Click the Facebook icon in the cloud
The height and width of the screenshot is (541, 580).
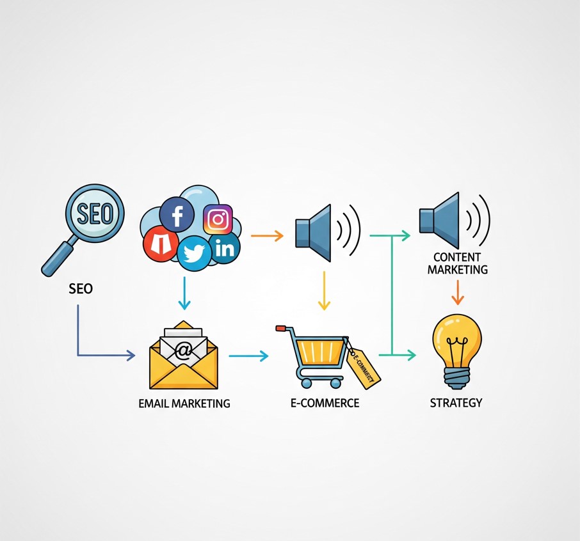177,214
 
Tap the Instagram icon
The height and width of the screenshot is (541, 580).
218,219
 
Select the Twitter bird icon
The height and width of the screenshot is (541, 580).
194,253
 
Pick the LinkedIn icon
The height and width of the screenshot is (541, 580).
225,248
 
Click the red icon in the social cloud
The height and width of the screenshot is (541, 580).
160,244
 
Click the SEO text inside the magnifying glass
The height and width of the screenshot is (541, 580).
95,213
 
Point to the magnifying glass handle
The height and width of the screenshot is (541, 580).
59,259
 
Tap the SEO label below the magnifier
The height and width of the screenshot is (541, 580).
81,288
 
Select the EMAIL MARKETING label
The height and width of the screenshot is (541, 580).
184,403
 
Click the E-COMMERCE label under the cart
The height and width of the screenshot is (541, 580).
325,402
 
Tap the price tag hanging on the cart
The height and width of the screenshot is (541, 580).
362,368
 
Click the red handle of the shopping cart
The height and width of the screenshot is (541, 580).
281,328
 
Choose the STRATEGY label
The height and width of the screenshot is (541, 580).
456,402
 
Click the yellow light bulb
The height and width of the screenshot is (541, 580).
457,352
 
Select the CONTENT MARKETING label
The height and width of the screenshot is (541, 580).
458,263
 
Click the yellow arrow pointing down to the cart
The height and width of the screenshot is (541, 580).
324,291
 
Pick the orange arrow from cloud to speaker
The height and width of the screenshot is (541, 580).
267,235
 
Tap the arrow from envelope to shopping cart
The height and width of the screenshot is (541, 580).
248,356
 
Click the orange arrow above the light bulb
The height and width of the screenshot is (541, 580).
458,292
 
